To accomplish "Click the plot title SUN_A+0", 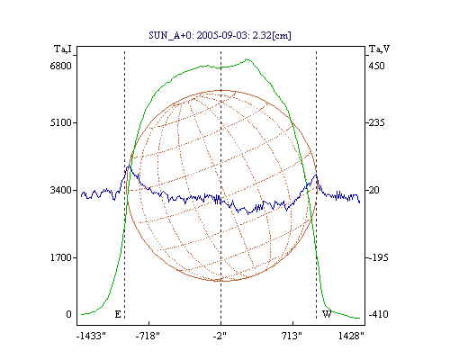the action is [170, 36].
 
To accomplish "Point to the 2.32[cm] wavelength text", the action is [278, 35].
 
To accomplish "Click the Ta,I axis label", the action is [63, 49].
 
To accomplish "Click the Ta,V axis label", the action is [379, 49].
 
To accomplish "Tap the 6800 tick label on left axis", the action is [60, 66].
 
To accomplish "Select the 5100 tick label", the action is [60, 122].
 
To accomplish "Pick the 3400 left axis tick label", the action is [60, 190].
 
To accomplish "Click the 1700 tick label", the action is [60, 257].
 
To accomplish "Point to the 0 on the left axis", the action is [68, 314].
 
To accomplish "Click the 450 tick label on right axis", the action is [376, 66].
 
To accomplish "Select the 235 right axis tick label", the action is [376, 122].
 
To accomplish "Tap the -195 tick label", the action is [378, 257].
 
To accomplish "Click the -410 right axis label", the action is [378, 314].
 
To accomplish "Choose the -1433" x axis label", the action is [91, 336].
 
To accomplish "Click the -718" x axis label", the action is [148, 336].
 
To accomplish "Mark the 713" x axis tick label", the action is [292, 336].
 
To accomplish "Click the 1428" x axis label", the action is [351, 336].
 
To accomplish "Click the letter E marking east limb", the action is [118, 314].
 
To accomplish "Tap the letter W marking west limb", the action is [327, 314].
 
